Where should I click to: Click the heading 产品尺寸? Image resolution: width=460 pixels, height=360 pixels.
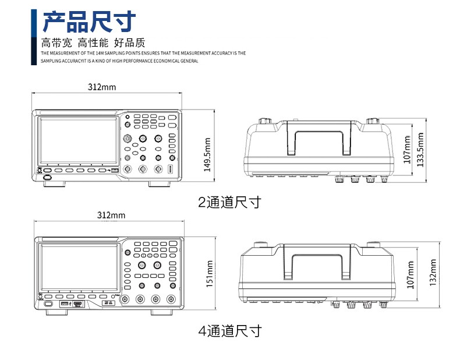point(90,22)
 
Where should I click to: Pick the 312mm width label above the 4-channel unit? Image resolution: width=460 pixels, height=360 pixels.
point(111,216)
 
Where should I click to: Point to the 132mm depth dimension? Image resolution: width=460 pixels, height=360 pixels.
point(432,273)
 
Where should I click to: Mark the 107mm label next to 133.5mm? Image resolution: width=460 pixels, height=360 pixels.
point(407,149)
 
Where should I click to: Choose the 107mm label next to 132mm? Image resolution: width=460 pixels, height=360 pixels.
point(411,274)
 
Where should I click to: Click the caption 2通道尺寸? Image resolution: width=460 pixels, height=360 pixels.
point(229,203)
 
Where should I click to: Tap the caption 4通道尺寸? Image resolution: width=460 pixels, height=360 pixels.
point(229,331)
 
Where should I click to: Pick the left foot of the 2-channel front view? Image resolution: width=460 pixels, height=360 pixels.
point(56,184)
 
